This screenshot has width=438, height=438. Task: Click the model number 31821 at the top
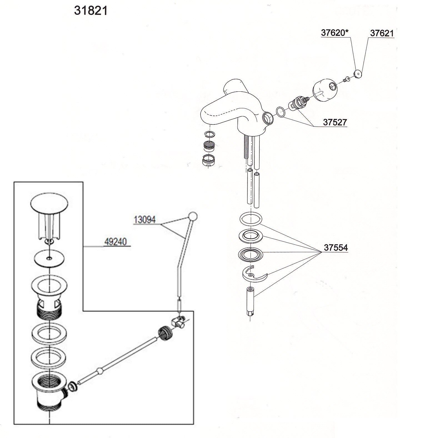(91, 11)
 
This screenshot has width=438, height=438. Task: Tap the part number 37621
(382, 33)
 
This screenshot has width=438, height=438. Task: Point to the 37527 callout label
(335, 122)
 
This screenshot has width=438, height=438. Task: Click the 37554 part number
(336, 248)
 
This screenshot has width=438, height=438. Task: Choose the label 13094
(144, 220)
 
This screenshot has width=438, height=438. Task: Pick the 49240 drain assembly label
(115, 242)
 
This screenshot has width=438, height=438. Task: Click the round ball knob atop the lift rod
(192, 216)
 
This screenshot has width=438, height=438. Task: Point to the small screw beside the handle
(346, 80)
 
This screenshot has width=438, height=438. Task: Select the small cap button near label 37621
(358, 74)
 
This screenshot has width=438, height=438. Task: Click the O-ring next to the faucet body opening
(281, 112)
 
